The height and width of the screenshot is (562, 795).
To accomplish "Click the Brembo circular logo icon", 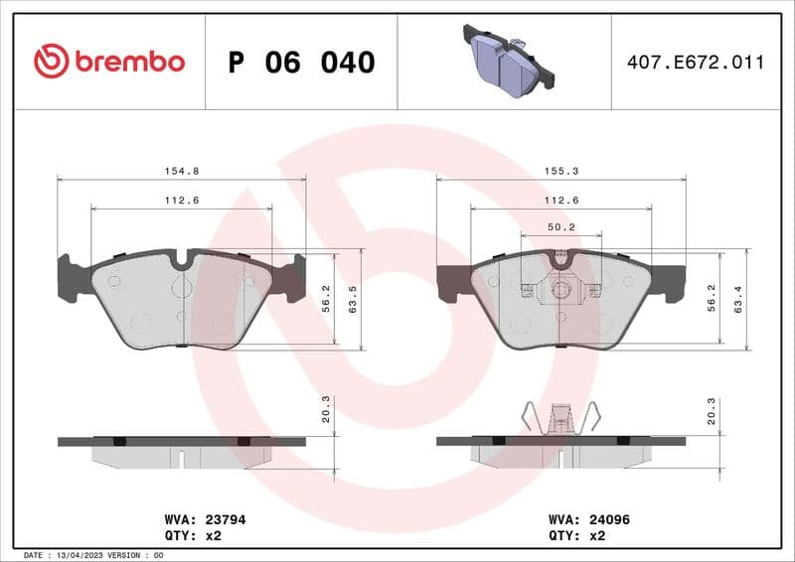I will (x=51, y=62).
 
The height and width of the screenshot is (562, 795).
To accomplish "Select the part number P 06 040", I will (x=301, y=63).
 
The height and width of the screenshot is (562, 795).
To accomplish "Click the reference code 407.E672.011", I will (x=696, y=63).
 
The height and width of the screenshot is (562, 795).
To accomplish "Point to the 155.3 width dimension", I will (x=561, y=171).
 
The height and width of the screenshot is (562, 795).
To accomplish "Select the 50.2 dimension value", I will (x=561, y=227).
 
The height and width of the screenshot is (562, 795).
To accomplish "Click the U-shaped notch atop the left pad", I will (x=181, y=260).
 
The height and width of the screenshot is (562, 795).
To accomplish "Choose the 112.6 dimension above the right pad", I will (x=561, y=201).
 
